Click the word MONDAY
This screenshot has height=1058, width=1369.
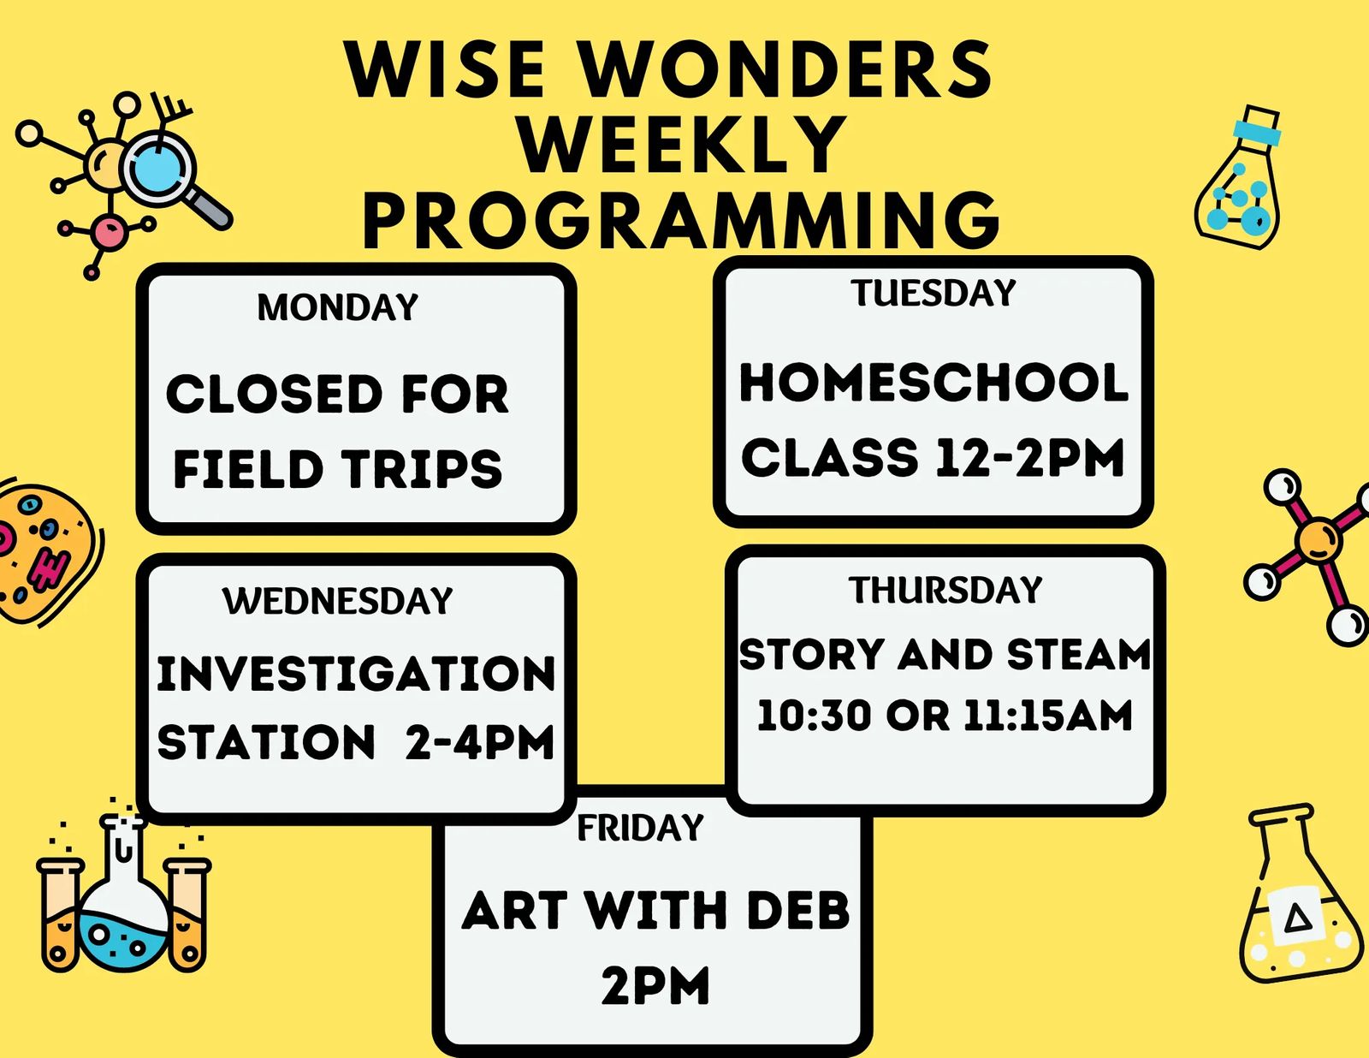point(338,307)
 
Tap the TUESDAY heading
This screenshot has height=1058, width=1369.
point(933,293)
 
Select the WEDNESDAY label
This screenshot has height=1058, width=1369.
point(337,601)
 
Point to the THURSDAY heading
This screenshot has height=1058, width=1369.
point(945,590)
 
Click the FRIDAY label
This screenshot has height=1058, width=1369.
point(640,828)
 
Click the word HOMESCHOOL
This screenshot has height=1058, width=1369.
point(933,383)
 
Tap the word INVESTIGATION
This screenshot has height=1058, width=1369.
point(356,674)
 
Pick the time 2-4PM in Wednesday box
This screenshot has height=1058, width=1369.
point(480,741)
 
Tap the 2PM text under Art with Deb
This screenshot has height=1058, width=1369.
point(655,985)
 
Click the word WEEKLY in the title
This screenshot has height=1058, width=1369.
point(684,144)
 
